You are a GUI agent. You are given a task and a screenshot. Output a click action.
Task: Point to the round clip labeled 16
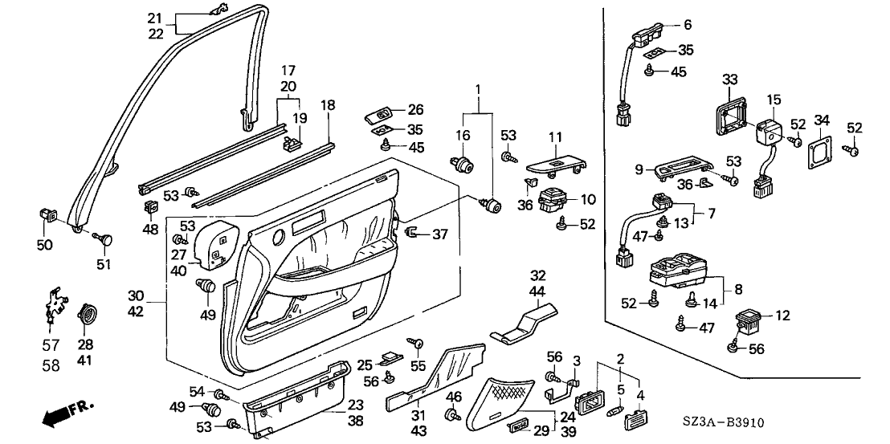click(x=465, y=166)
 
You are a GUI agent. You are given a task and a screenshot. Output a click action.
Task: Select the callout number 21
click(x=155, y=18)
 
